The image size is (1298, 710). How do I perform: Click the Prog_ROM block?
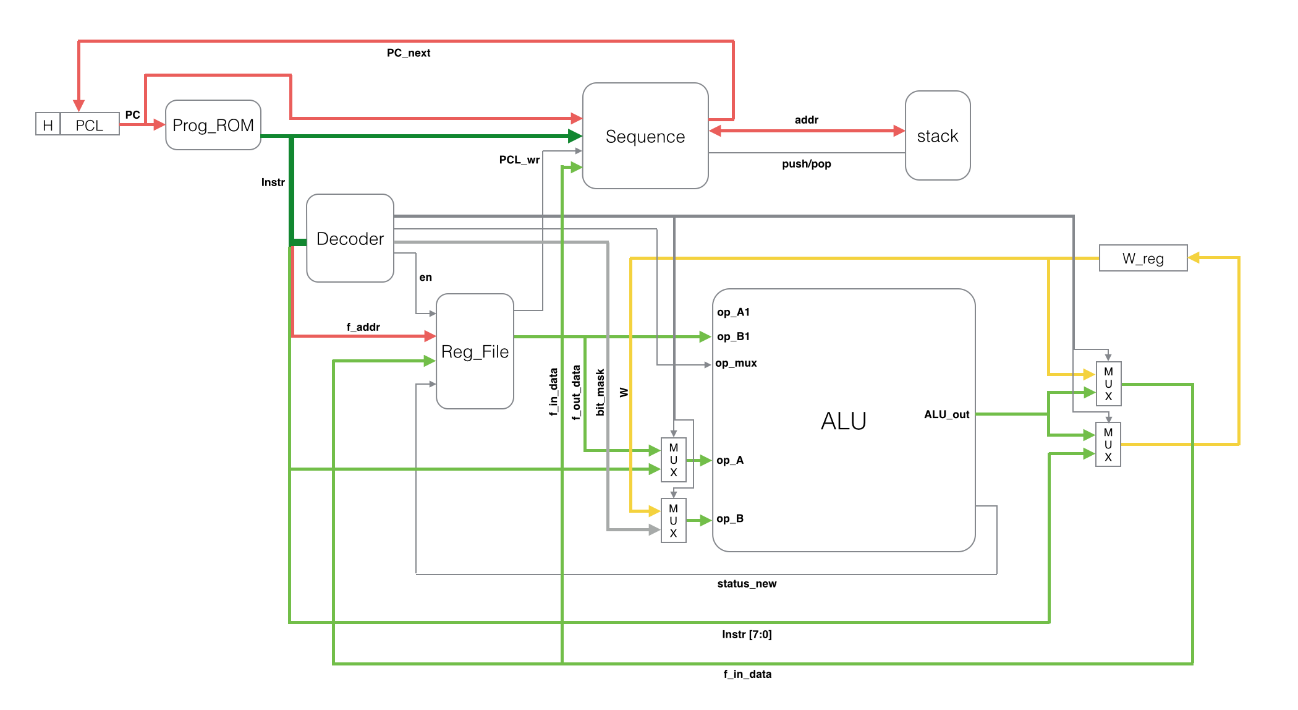pos(213,125)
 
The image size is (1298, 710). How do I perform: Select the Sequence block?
pos(645,136)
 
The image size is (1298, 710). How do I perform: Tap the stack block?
pos(938,136)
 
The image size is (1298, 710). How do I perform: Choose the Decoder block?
pos(350,239)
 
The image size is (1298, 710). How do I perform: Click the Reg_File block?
pos(475,351)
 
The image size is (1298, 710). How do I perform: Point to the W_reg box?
pos(1143,258)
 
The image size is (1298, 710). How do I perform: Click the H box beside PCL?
pos(48,125)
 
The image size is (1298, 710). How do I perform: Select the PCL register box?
pos(90,125)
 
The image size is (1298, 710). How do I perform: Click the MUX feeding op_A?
pos(674,460)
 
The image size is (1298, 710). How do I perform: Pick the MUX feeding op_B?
pos(674,520)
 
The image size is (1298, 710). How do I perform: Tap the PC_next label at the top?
pos(409,53)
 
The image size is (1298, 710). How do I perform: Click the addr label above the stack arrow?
pos(807,120)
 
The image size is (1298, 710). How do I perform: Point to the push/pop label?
pos(807,164)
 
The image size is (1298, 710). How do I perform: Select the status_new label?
pos(747,584)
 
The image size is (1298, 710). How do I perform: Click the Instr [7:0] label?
pos(747,635)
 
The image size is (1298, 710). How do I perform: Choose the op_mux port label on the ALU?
pos(736,363)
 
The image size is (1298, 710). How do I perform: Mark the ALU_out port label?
pos(946,414)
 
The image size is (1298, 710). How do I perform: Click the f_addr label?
pos(363,327)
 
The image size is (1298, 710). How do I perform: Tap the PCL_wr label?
pos(519,160)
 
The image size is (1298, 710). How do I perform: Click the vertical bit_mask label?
pos(600,392)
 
